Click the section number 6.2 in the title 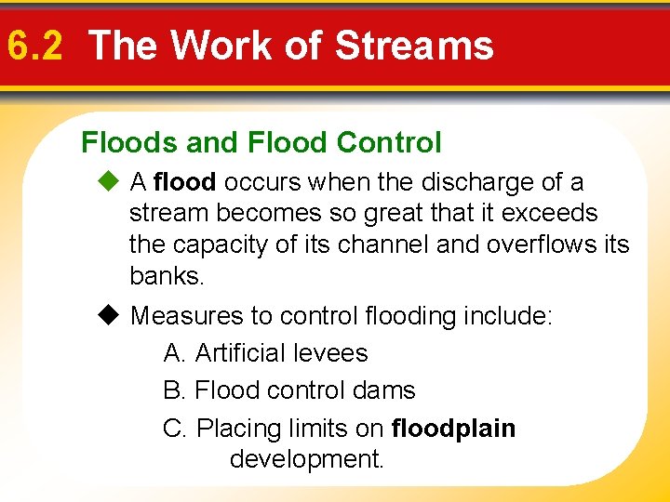pyautogui.click(x=33, y=46)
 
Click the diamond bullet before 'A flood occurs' pyautogui.click(x=114, y=182)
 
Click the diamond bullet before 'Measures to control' pyautogui.click(x=114, y=316)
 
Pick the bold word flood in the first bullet pyautogui.click(x=186, y=182)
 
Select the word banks pyautogui.click(x=166, y=277)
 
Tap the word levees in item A pyautogui.click(x=329, y=353)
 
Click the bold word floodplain pyautogui.click(x=454, y=429)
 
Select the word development pyautogui.click(x=306, y=459)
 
